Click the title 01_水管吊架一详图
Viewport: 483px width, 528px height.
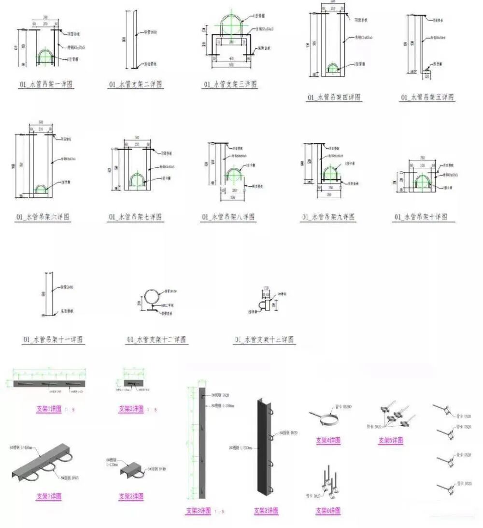[x=46, y=84]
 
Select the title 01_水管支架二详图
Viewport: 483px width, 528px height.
[x=135, y=84]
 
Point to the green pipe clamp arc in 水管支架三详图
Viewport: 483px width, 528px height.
[x=233, y=24]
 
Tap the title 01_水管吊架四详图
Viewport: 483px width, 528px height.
[x=334, y=97]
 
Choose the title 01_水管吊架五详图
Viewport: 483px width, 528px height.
[x=427, y=97]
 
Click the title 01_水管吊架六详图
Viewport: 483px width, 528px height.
[x=43, y=217]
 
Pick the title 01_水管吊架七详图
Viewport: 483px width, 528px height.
[x=135, y=217]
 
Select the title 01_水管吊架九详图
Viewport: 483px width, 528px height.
[x=328, y=217]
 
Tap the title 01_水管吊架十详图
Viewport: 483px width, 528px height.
[x=420, y=217]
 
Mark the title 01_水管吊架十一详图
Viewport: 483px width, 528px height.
[x=53, y=340]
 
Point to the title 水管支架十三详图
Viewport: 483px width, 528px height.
[x=264, y=340]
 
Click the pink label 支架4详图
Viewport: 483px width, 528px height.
[x=328, y=440]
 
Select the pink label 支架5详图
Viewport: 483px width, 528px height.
[x=390, y=440]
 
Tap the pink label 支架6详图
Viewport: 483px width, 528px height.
[x=328, y=511]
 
